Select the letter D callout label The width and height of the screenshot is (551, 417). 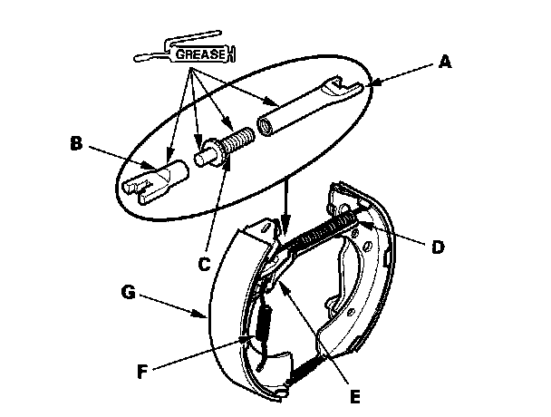coord(440,246)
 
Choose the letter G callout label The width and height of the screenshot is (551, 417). coord(128,293)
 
